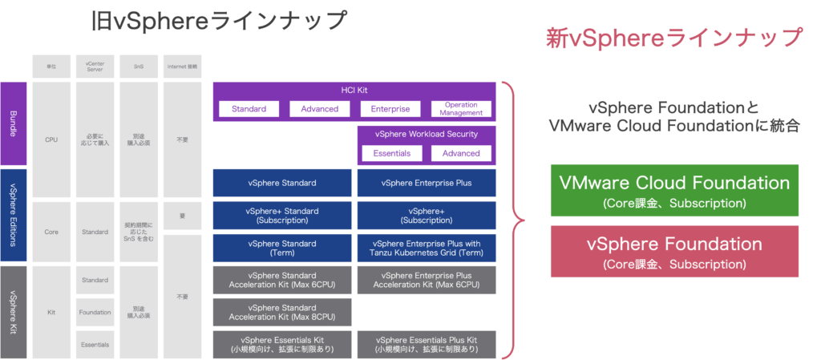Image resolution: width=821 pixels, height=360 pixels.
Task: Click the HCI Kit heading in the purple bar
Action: coord(354,90)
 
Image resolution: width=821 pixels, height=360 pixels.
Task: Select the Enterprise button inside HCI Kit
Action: coord(390,109)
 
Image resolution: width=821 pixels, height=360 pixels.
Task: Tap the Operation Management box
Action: coord(461,109)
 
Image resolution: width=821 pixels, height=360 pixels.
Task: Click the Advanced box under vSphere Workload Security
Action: coord(461,153)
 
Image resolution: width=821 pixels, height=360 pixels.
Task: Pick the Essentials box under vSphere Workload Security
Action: coord(391,153)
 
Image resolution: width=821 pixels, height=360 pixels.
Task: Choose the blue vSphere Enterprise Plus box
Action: coord(427,183)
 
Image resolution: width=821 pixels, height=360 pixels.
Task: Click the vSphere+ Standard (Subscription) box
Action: coord(282,215)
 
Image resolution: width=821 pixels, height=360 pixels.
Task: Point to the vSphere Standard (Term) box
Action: coord(282,248)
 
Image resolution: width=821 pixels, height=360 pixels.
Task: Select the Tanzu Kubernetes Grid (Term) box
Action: coord(427,248)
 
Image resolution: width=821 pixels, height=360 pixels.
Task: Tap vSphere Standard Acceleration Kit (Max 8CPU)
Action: coord(282,312)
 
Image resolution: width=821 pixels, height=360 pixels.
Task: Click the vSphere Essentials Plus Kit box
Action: coord(427,344)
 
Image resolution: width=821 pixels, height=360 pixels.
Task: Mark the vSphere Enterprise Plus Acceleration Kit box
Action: coord(427,280)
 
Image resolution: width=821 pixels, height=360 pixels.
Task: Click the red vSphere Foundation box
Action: coord(674,252)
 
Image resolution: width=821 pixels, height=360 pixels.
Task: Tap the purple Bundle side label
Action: coord(13,123)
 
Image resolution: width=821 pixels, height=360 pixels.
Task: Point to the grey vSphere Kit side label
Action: coord(13,312)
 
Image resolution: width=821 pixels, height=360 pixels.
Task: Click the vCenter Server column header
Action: coord(95,66)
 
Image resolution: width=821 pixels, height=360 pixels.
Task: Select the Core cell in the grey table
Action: coord(51,232)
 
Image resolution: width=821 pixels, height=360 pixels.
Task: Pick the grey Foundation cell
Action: coord(95,312)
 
